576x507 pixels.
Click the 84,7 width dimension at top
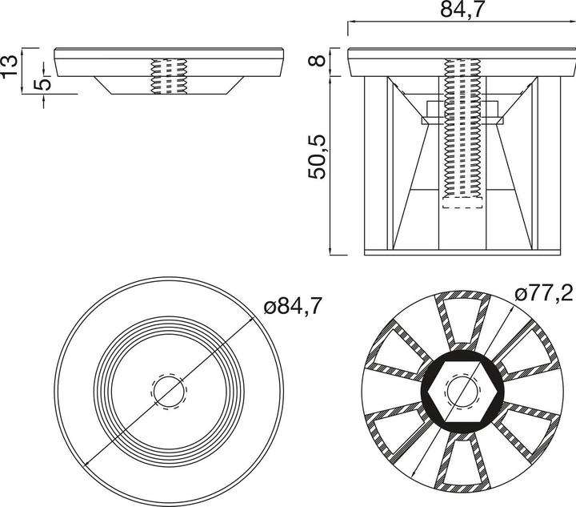pyautogui.click(x=453, y=10)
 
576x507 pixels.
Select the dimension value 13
pyautogui.click(x=10, y=65)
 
